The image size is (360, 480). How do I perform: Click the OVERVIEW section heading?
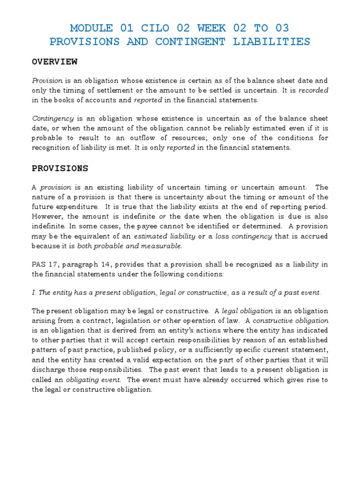(x=54, y=62)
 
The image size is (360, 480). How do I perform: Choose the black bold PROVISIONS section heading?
(x=60, y=168)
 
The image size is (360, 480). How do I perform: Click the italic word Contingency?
(x=49, y=119)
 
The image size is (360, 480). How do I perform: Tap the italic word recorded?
(x=314, y=90)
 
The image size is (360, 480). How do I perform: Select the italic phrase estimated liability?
(x=164, y=236)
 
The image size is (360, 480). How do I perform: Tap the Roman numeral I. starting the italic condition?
(x=34, y=293)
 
